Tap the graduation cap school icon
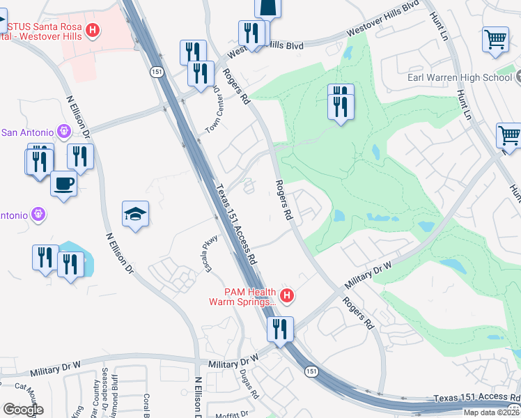coord(136,214)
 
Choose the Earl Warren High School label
coord(460,77)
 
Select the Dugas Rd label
coord(254,384)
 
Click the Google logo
coord(23,410)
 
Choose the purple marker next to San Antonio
coord(64,131)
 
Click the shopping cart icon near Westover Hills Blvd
coord(495,39)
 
